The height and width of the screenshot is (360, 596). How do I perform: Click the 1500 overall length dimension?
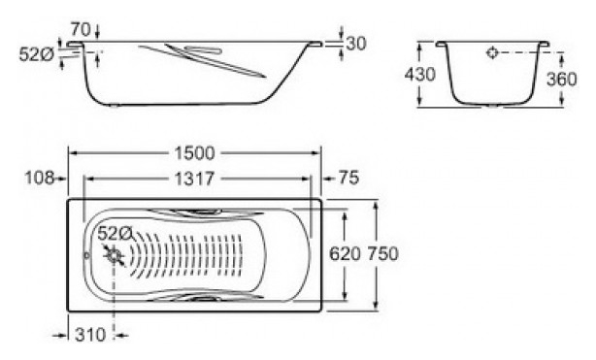pyautogui.click(x=194, y=153)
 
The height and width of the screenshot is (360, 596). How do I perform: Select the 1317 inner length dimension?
pyautogui.click(x=194, y=179)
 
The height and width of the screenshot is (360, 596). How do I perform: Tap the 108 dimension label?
pyautogui.click(x=39, y=178)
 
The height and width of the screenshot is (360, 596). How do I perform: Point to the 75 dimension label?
pyautogui.click(x=348, y=178)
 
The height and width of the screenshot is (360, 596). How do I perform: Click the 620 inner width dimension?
pyautogui.click(x=345, y=254)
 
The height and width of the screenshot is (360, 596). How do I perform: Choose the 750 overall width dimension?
pyautogui.click(x=382, y=254)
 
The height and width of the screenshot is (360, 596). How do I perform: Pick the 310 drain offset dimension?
pyautogui.click(x=90, y=335)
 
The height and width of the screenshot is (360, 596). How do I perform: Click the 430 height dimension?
pyautogui.click(x=419, y=74)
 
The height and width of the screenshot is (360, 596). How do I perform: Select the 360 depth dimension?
pyautogui.click(x=561, y=79)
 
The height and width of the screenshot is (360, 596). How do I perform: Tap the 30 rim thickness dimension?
pyautogui.click(x=356, y=44)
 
